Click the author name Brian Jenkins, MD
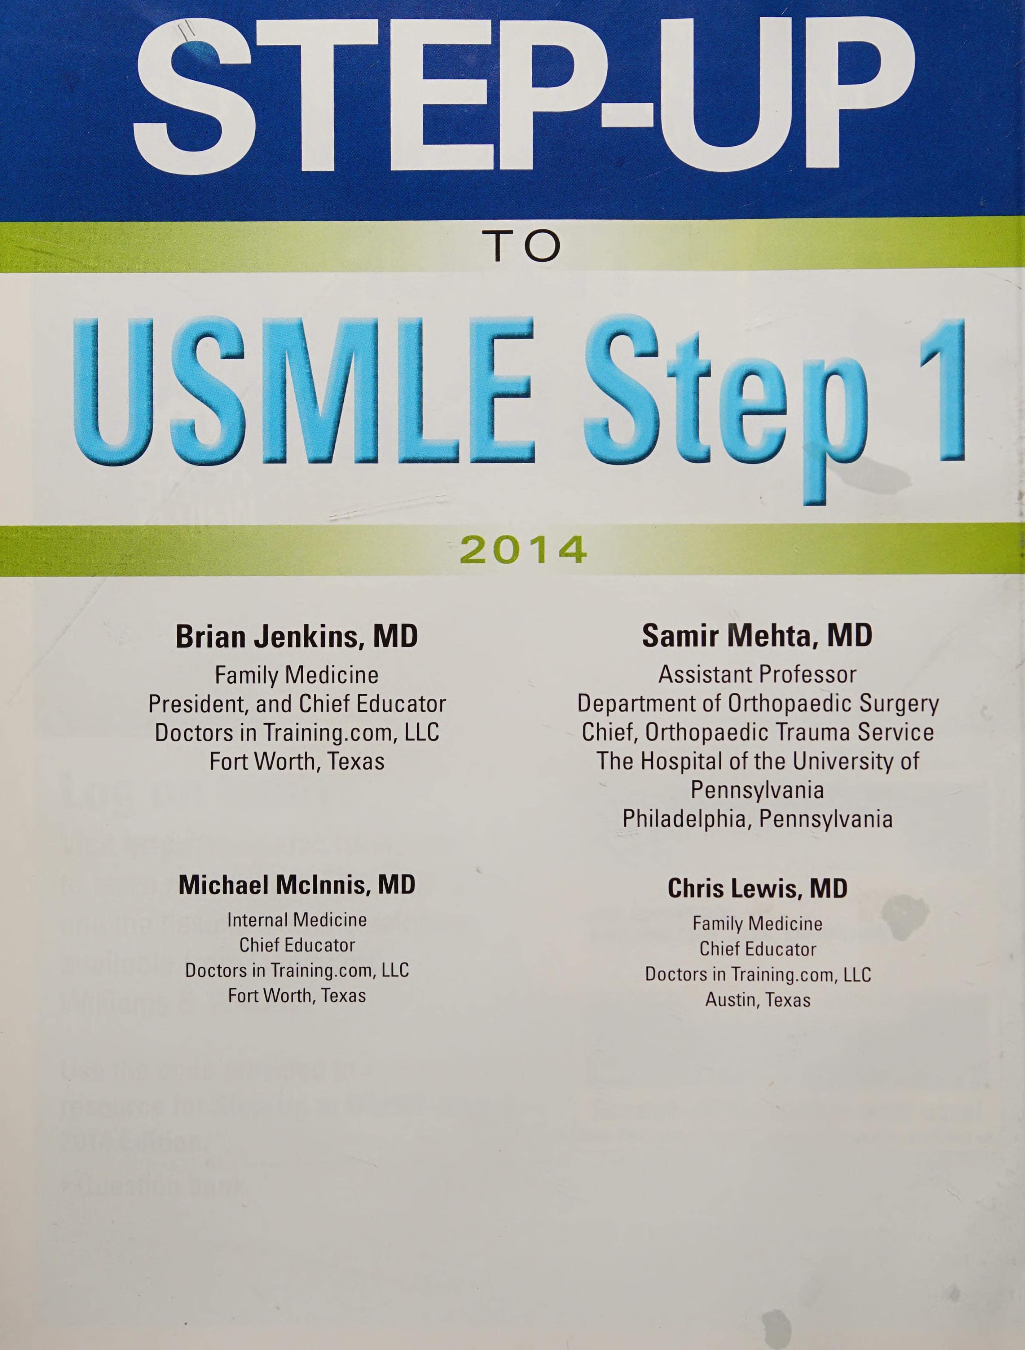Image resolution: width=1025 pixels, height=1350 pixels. pyautogui.click(x=297, y=636)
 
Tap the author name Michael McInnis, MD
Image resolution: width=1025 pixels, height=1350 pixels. pyautogui.click(x=297, y=884)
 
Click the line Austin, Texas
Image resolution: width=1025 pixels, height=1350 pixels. pyautogui.click(x=758, y=1000)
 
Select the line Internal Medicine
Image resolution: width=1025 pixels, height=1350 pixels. pyautogui.click(x=297, y=920)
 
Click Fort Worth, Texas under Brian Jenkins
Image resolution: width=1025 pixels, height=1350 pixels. pyautogui.click(x=297, y=761)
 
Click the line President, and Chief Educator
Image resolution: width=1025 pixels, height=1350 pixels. pyautogui.click(x=297, y=704)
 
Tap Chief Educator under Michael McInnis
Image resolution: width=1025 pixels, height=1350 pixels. pyautogui.click(x=297, y=945)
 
